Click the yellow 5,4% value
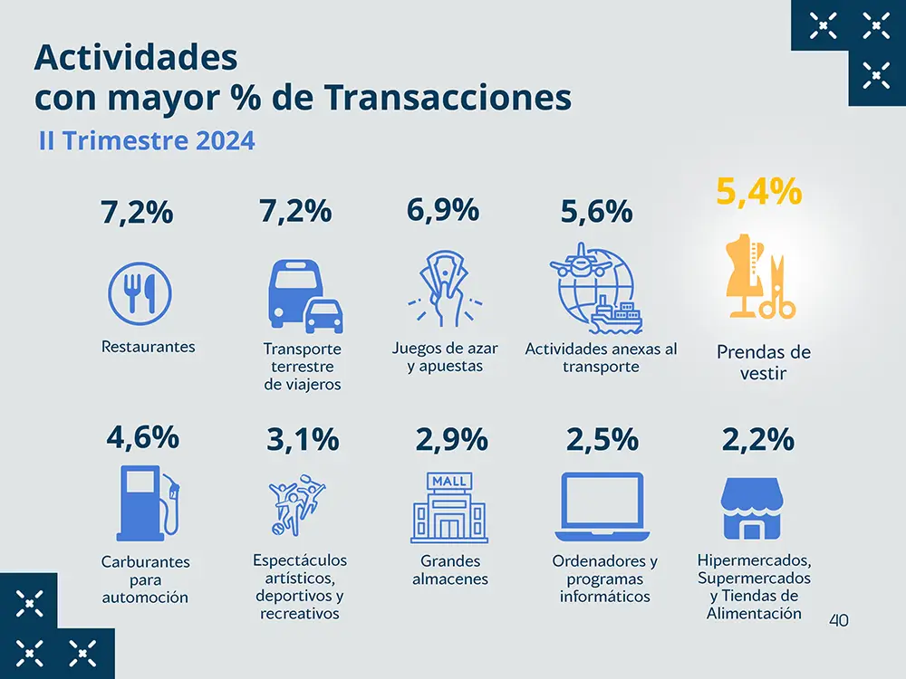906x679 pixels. coord(759,192)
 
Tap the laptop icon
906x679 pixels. coord(602,502)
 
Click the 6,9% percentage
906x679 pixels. coord(443,210)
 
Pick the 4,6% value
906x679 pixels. coord(142,437)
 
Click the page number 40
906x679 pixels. coord(838,620)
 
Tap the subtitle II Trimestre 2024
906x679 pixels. coord(147,141)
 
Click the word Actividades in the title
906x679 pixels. coord(136,57)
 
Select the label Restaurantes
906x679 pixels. coord(149,347)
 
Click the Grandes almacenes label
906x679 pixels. coord(450,570)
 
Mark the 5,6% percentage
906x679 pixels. coord(596,212)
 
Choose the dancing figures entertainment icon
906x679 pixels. coord(296,503)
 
